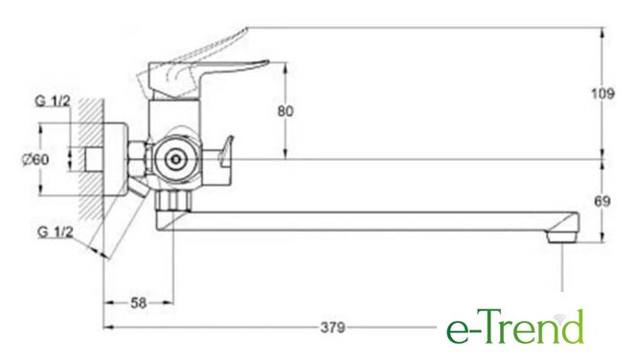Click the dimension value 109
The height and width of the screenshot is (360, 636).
coord(602,94)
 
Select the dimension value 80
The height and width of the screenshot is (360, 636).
coord(285,111)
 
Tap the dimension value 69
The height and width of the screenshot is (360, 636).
coord(602,201)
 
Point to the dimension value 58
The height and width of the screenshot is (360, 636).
coord(138,303)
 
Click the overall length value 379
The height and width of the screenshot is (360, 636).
coord(332,327)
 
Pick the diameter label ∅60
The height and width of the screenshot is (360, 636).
coord(35,159)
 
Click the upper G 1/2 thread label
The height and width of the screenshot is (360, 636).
coord(53,101)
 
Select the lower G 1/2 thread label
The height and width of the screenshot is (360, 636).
coord(56,232)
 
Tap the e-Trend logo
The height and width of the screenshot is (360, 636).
coord(515,326)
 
